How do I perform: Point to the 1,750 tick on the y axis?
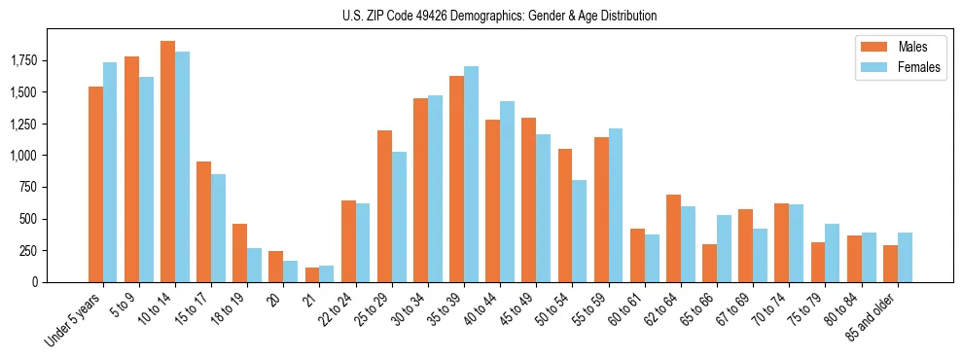tap(23, 60)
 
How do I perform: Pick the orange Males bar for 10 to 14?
tap(167, 162)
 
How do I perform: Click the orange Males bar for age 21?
tap(312, 274)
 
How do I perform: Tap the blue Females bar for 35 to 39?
tap(472, 174)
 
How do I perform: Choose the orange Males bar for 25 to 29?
tap(385, 206)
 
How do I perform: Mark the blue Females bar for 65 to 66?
tap(725, 248)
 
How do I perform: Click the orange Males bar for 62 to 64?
tap(674, 238)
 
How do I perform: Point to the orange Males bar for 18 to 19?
tap(240, 253)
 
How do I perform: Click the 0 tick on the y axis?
tap(36, 282)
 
